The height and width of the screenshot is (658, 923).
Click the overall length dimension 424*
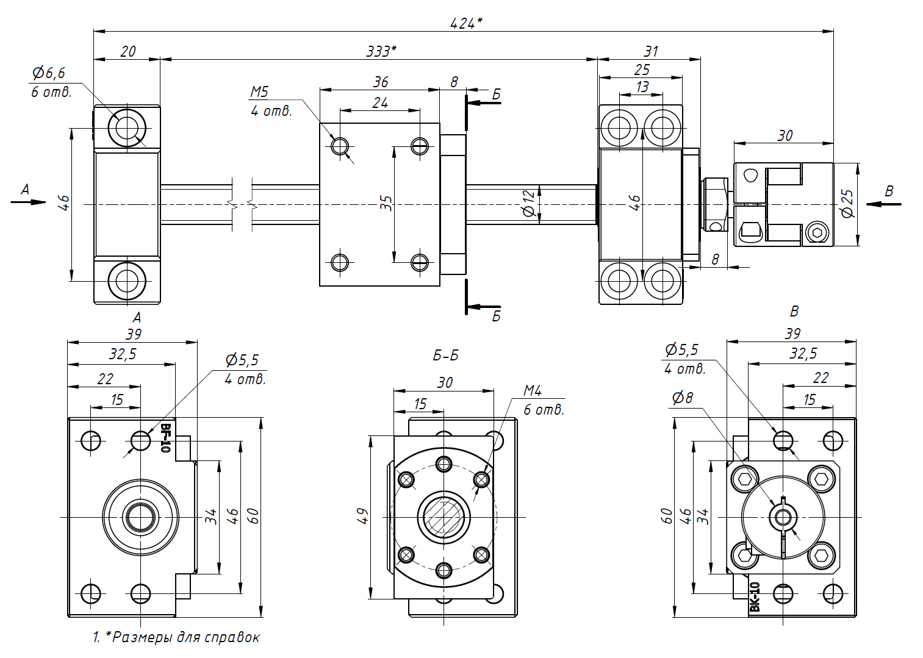(x=465, y=23)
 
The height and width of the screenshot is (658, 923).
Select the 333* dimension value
(x=381, y=51)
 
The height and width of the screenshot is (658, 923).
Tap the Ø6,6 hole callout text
(x=49, y=73)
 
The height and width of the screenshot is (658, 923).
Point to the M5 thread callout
(x=259, y=92)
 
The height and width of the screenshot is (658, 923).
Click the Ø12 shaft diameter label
(x=529, y=203)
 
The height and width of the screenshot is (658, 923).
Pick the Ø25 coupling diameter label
(x=847, y=203)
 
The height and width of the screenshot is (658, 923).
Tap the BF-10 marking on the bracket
(x=165, y=438)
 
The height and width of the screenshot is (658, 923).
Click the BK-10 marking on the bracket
(x=755, y=597)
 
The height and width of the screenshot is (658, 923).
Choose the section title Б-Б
(x=445, y=356)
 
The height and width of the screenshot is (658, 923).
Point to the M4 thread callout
(x=533, y=390)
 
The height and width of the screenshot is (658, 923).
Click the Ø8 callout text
(x=683, y=398)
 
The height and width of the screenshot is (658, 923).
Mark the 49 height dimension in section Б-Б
(x=362, y=517)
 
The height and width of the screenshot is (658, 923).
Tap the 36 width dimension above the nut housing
(x=381, y=82)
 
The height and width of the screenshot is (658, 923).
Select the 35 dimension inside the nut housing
(x=386, y=203)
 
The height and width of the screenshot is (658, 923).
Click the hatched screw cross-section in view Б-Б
(x=444, y=517)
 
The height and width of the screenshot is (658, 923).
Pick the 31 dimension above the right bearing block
(x=651, y=52)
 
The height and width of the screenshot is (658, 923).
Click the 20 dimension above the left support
(x=128, y=52)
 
